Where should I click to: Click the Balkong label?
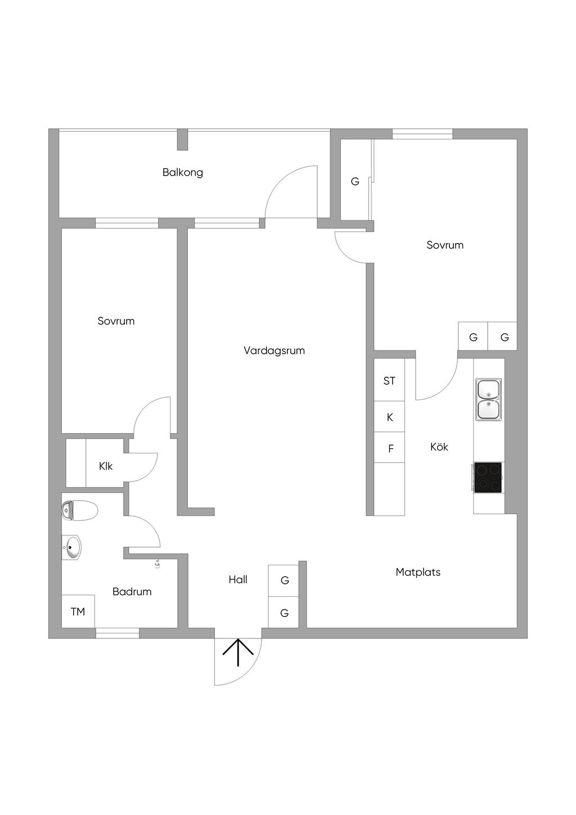pyautogui.click(x=182, y=172)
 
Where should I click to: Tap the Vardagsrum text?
pyautogui.click(x=274, y=350)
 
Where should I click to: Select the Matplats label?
pyautogui.click(x=418, y=572)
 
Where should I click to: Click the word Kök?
pyautogui.click(x=439, y=447)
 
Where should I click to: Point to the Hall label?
pyautogui.click(x=238, y=579)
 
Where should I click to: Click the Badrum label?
pyautogui.click(x=132, y=591)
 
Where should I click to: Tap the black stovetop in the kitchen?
pyautogui.click(x=488, y=478)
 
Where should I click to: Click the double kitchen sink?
pyautogui.click(x=488, y=400)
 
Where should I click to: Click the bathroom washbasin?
pyautogui.click(x=72, y=547)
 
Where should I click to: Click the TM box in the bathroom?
pyautogui.click(x=78, y=611)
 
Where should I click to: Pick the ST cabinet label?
pyautogui.click(x=389, y=381)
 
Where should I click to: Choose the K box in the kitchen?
pyautogui.click(x=389, y=417)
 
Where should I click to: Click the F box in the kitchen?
pyautogui.click(x=390, y=449)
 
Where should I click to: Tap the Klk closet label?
pyautogui.click(x=106, y=466)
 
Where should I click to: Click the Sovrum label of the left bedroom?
pyautogui.click(x=116, y=321)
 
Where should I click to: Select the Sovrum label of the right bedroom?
pyautogui.click(x=444, y=245)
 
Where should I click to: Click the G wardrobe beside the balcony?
pyautogui.click(x=355, y=181)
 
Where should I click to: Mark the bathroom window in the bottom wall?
pyautogui.click(x=117, y=633)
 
